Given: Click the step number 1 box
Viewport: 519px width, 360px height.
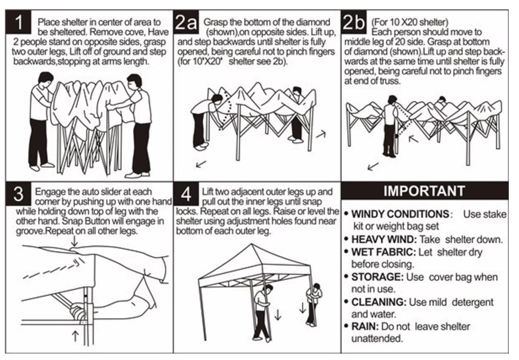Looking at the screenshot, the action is point(18,22).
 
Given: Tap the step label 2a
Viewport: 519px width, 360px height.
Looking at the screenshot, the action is point(186,22).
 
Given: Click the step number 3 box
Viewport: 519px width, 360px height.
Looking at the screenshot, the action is point(18,193).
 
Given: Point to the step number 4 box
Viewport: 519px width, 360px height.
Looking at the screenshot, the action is point(186,193).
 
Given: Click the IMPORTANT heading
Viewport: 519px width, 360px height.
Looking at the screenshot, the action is point(424,191).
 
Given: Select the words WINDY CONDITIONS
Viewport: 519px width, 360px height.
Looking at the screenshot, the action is point(400,214).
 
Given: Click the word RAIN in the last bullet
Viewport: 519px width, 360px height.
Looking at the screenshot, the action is point(365,327).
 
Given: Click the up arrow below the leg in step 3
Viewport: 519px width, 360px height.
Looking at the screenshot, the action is point(75,336).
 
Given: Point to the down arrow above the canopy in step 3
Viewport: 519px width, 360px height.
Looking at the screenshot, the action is point(74,241).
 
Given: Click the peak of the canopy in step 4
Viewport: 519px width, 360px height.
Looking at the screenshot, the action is point(251,244).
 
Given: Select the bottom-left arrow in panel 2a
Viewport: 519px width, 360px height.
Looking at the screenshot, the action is point(201,164).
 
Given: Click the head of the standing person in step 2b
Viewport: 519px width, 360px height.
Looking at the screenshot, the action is point(392,100).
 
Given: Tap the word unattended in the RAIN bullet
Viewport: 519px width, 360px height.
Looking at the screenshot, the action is point(376,339).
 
